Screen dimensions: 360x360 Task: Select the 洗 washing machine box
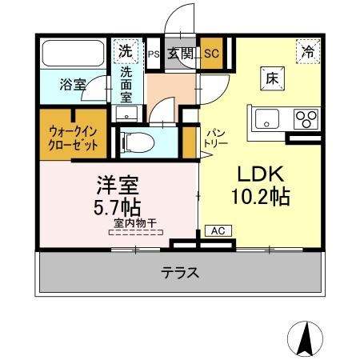click(x=125, y=50)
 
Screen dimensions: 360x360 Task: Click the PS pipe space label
click(x=153, y=54)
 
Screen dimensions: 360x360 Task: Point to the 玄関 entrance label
click(x=181, y=54)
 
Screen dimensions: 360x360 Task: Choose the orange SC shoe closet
click(x=211, y=54)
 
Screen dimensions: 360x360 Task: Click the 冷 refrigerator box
click(x=308, y=51)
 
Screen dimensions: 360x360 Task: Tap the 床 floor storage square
click(x=271, y=79)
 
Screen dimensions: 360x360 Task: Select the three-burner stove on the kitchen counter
click(x=306, y=119)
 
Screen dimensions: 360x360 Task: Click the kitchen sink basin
click(x=267, y=120)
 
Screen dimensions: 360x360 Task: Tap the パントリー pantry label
click(x=218, y=138)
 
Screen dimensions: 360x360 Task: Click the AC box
click(x=216, y=230)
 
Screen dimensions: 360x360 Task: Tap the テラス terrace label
click(x=181, y=272)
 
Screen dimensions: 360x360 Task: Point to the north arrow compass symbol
click(x=305, y=338)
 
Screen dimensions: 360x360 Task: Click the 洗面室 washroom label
click(x=127, y=83)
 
